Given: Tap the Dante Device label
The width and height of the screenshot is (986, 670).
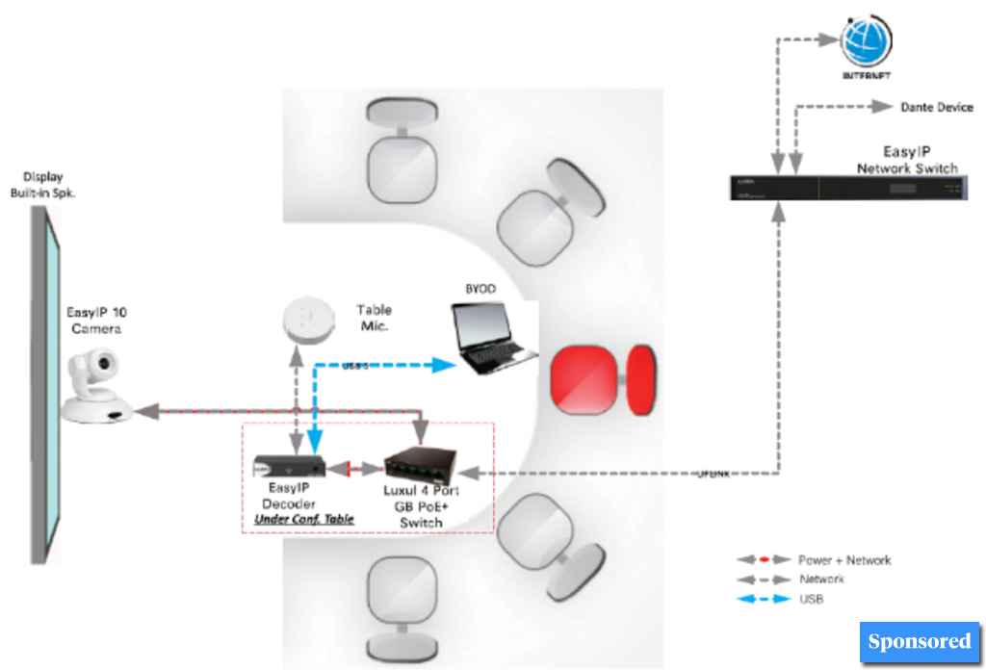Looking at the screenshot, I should (936, 108).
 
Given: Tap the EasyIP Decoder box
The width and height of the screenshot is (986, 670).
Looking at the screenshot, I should (280, 466).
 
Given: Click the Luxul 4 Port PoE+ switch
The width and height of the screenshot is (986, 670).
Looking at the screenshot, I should (422, 465).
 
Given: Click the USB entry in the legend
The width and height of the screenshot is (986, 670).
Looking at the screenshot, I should (811, 599).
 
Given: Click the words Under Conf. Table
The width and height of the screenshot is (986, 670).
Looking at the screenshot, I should (303, 519).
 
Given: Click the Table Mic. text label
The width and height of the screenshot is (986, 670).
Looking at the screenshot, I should (375, 318).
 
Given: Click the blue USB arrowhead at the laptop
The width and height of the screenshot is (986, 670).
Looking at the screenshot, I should (443, 365).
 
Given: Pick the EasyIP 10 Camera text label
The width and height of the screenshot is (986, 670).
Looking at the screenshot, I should (94, 319).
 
